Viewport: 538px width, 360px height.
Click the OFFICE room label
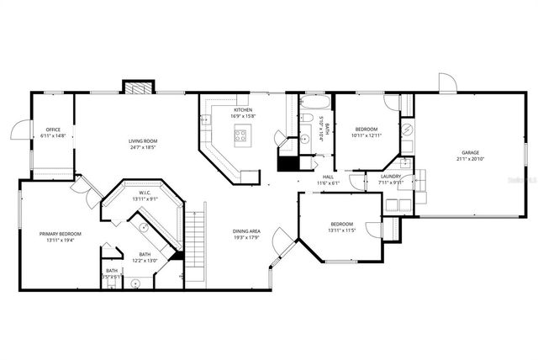tap(52, 129)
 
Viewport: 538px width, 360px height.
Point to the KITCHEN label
tap(243, 110)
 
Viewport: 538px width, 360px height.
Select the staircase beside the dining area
tap(195, 245)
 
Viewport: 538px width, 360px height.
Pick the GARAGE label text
tap(469, 153)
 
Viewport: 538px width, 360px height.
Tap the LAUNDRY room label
tap(391, 176)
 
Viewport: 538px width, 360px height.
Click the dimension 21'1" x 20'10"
tap(469, 159)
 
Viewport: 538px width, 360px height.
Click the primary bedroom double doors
tap(82, 188)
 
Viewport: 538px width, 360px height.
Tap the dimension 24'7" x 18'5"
tap(145, 148)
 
